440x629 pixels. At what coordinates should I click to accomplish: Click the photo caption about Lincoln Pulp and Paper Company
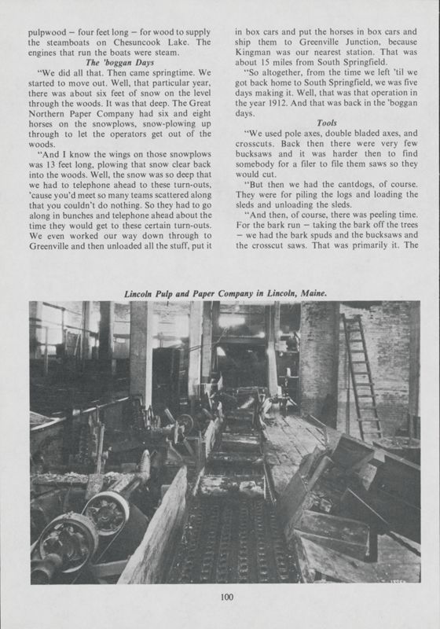[227, 292]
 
